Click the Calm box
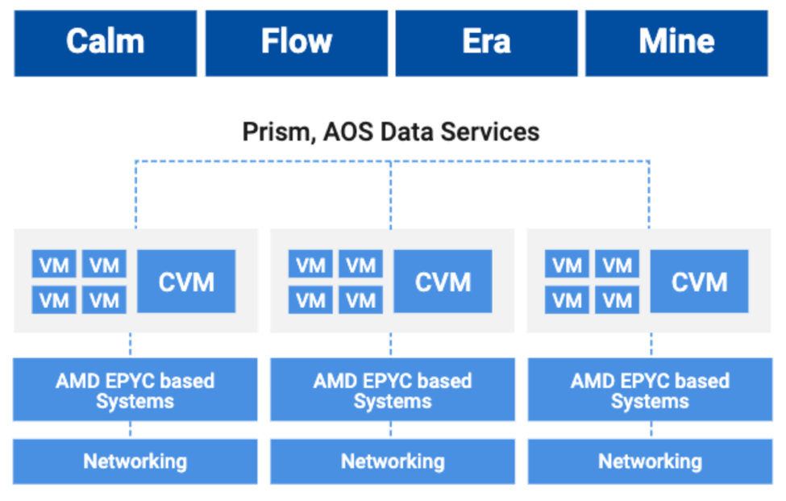pos(106,43)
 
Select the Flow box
pos(296,43)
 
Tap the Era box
pos(486,43)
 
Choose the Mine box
pos(676,43)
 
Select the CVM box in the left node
pos(186,282)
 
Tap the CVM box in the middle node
pos(443,282)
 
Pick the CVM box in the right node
pos(699,282)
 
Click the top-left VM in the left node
pos(54,264)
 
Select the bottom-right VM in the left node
pos(104,300)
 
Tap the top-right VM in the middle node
pos(361,264)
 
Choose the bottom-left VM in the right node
pos(567,300)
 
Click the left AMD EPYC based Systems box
pos(135,389)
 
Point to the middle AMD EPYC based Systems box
pos(393,389)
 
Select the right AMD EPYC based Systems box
pos(650,389)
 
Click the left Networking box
pos(135,461)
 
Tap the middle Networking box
pos(393,461)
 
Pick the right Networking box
pos(650,461)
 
